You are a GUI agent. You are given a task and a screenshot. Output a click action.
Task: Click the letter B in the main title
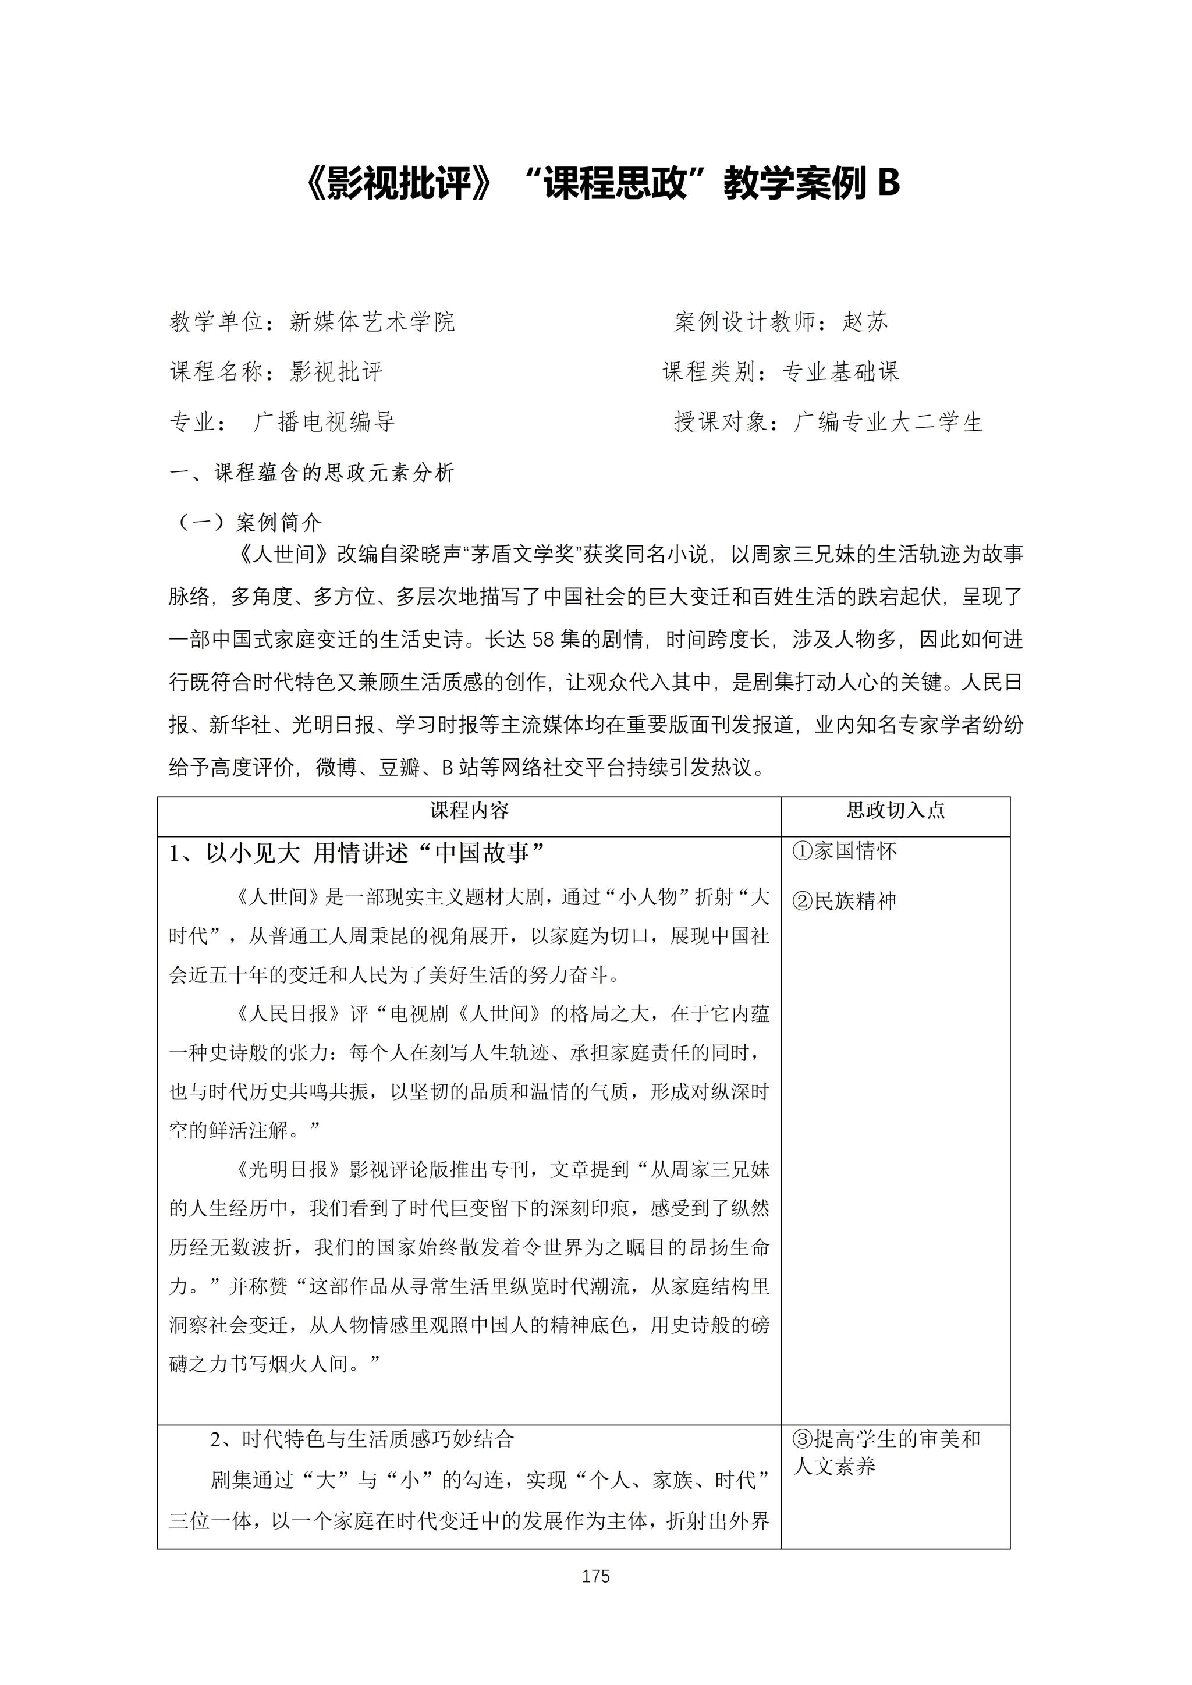(888, 183)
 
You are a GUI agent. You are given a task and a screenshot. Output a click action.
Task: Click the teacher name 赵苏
(865, 321)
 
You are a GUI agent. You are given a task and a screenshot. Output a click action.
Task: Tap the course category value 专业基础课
(841, 372)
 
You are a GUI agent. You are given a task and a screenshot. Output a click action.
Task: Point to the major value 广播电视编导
(324, 422)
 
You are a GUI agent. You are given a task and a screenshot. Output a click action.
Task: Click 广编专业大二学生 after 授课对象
(888, 422)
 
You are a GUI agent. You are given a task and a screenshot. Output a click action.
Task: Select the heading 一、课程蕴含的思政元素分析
(313, 473)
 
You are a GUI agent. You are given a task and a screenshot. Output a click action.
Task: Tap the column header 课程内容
(469, 810)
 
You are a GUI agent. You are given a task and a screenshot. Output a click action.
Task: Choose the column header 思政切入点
(896, 810)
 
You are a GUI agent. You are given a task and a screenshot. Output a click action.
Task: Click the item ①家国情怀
(845, 852)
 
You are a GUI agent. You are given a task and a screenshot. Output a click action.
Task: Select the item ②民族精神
(845, 901)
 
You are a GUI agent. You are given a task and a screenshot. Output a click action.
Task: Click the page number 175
(595, 1576)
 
